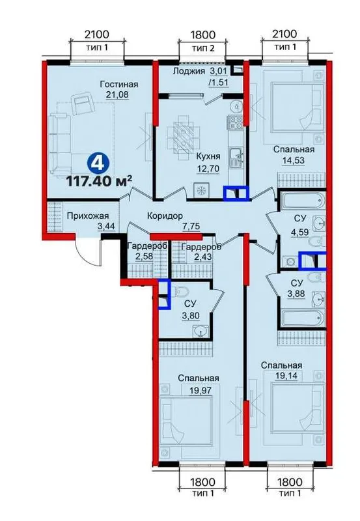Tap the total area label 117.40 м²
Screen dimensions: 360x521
[x=100, y=182]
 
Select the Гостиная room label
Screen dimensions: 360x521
[x=119, y=85]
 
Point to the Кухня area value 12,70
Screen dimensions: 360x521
[x=208, y=169]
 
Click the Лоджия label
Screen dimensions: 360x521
[x=189, y=71]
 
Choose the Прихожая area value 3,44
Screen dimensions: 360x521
[x=105, y=227]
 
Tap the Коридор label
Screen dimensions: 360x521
[x=165, y=216]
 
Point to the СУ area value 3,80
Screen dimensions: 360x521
[x=191, y=315]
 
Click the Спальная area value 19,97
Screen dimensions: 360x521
[x=200, y=390]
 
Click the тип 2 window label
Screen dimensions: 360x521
[x=203, y=48]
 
